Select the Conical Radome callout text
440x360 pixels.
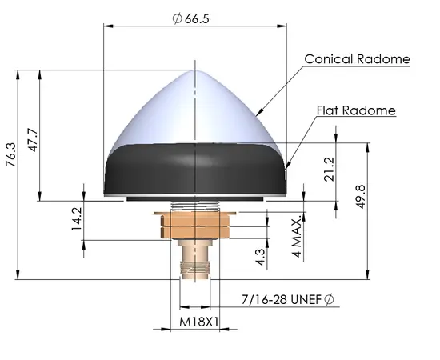357,59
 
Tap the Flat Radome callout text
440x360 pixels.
357,110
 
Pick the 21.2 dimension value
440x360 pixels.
329,170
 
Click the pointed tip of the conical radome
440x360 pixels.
194,71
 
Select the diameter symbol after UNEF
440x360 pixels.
328,300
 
